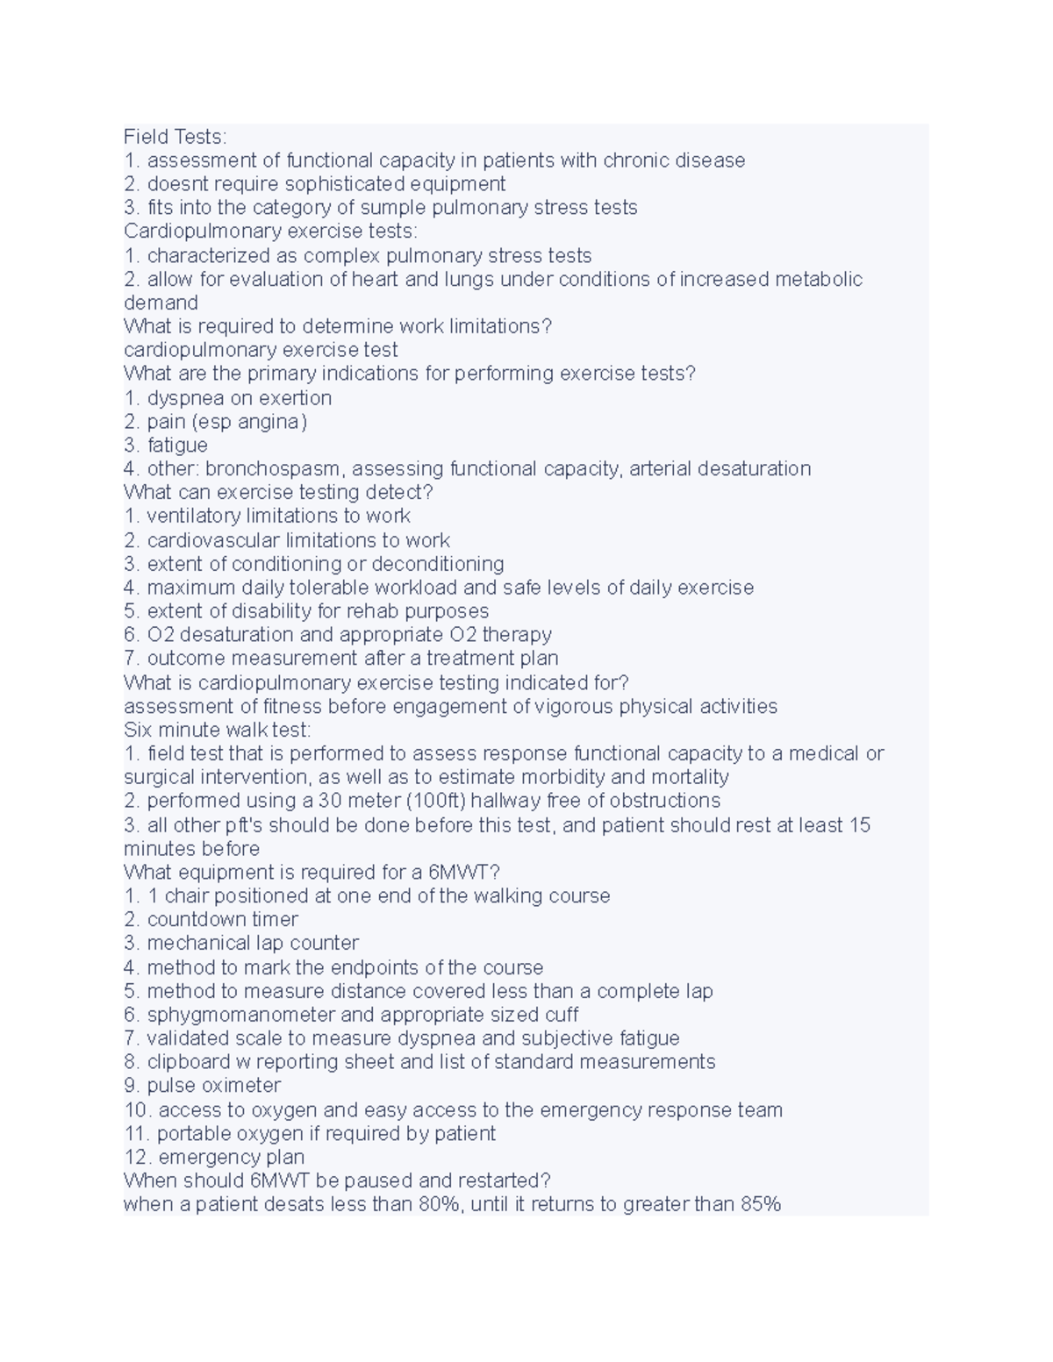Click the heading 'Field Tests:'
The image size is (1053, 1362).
click(x=175, y=137)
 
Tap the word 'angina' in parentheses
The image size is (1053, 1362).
click(x=276, y=422)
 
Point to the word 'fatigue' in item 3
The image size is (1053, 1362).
click(x=177, y=446)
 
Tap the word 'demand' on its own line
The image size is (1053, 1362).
click(x=161, y=303)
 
